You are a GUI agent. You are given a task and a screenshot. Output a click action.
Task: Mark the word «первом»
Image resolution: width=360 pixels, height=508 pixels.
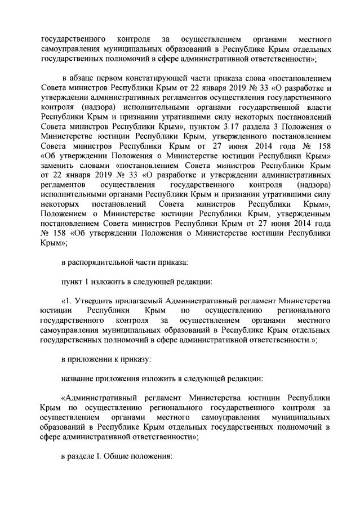tap(110, 78)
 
